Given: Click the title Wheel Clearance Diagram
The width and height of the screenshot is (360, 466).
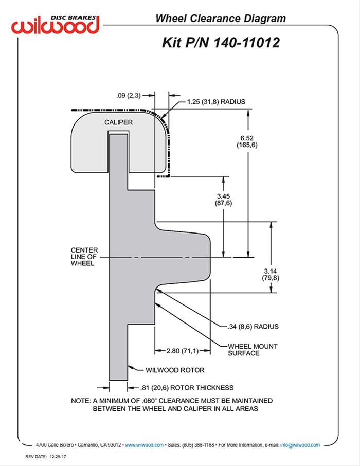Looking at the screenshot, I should click(220, 19).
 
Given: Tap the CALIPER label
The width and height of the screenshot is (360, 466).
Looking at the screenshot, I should click(119, 122).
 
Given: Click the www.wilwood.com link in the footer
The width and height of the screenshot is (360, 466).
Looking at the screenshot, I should click(145, 445).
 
